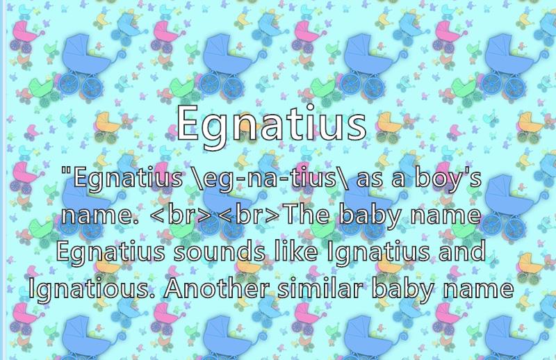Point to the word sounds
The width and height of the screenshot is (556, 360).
[x=219, y=251]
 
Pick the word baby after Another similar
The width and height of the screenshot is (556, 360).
[x=403, y=289]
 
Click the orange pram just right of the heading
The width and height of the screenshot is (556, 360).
[x=389, y=125]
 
